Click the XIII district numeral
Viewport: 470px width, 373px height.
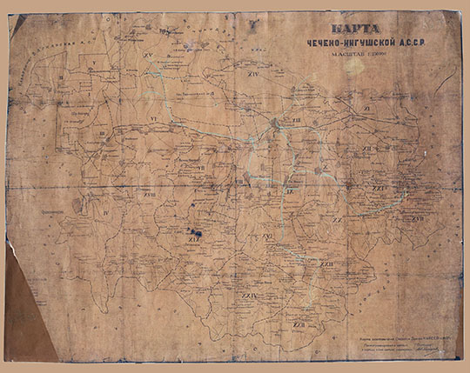tap(296, 119)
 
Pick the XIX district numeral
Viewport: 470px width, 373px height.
tap(194, 240)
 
